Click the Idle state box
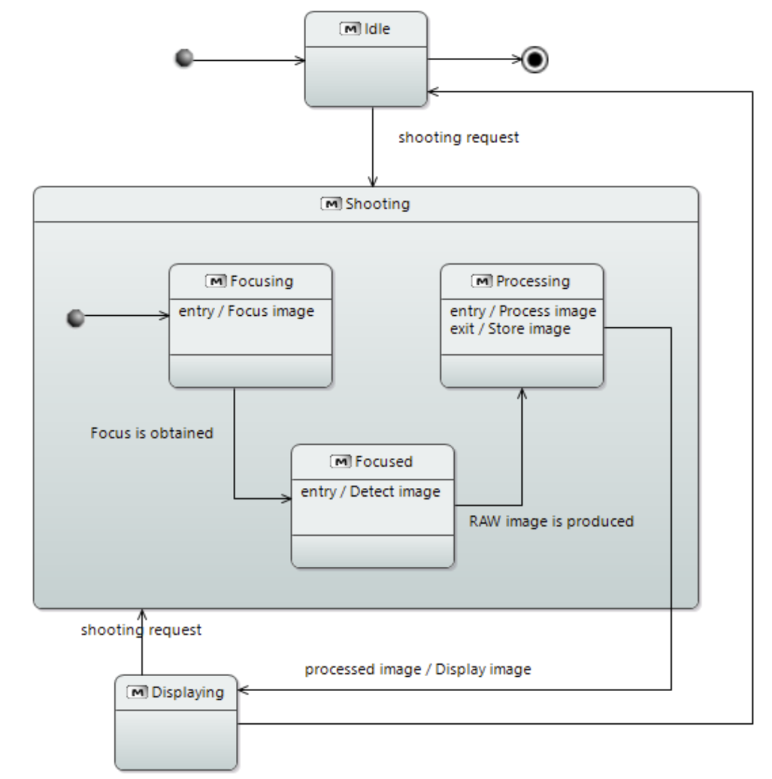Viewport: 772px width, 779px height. click(x=366, y=59)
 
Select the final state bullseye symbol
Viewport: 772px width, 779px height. click(x=535, y=59)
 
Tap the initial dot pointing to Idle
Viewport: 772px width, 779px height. click(x=184, y=58)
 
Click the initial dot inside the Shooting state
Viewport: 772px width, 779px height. click(x=76, y=318)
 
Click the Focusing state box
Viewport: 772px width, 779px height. click(x=250, y=325)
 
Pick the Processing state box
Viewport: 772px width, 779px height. click(x=522, y=325)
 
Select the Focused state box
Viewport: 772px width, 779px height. click(x=372, y=506)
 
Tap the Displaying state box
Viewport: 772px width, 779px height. click(x=176, y=722)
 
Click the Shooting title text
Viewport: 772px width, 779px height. click(x=377, y=204)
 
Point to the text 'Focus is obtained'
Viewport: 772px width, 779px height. click(x=152, y=432)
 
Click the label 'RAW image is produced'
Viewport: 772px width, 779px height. click(x=551, y=521)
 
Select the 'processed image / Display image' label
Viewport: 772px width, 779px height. click(x=417, y=669)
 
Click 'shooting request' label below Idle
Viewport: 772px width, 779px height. click(x=458, y=137)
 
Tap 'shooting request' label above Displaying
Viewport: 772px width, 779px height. click(x=141, y=630)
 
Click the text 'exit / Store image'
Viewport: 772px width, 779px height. click(x=510, y=329)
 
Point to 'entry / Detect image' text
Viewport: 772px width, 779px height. click(x=370, y=492)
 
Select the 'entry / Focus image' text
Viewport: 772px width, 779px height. click(x=247, y=311)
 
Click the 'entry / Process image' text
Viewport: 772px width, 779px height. click(x=523, y=311)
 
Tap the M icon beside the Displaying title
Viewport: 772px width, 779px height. click(x=137, y=692)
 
